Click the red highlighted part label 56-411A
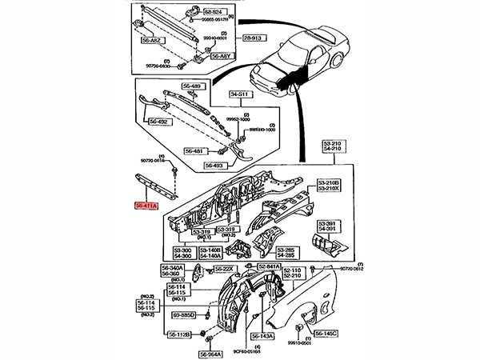[147, 206]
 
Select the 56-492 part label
[157, 122]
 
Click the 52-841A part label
[270, 266]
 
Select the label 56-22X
[223, 269]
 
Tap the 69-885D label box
[183, 316]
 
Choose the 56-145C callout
[327, 334]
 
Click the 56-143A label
[262, 337]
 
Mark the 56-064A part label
[210, 353]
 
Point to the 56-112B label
[177, 334]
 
